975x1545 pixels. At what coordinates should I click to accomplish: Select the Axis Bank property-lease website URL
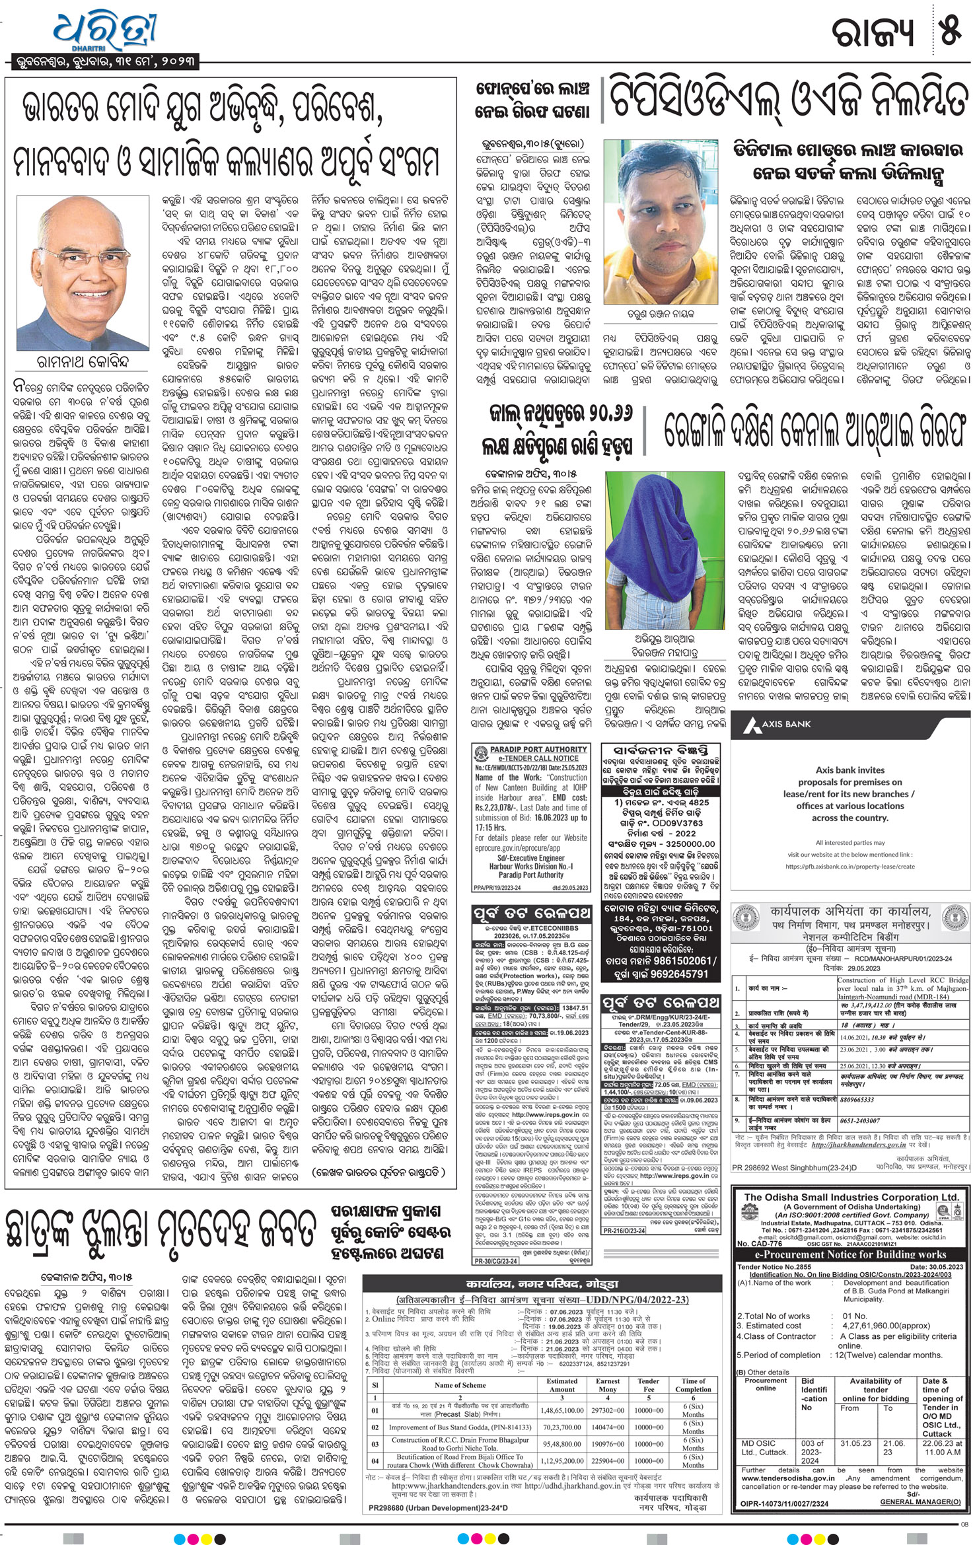pyautogui.click(x=850, y=866)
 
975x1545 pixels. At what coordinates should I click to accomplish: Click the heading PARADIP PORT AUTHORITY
pyautogui.click(x=538, y=750)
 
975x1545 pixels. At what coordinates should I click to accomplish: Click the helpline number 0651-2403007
pyautogui.click(x=861, y=1121)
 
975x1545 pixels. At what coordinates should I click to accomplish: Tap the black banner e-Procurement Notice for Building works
pyautogui.click(x=851, y=1254)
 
